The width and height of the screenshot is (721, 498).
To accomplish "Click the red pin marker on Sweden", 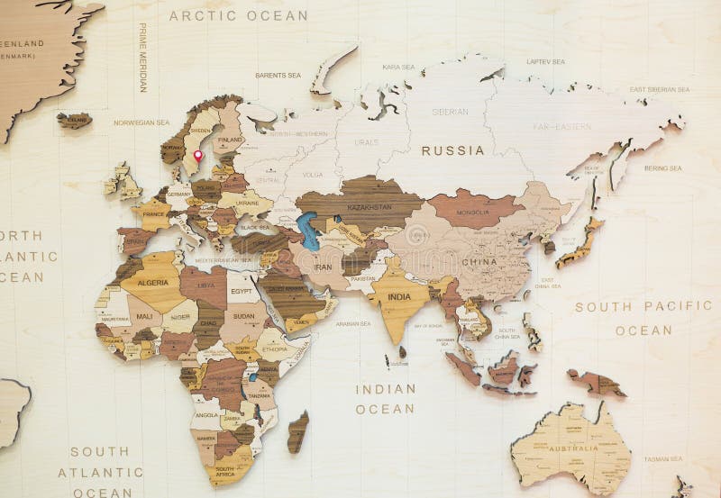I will [197, 156].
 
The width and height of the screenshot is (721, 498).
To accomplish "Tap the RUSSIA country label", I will [452, 150].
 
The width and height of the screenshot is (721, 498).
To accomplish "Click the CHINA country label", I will [479, 262].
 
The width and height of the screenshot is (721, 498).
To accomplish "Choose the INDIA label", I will [399, 296].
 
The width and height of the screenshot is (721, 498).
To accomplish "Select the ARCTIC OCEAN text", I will [238, 15].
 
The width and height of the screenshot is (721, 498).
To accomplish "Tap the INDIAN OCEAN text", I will [385, 399].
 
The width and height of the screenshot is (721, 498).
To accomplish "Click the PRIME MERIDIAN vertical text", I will [142, 58].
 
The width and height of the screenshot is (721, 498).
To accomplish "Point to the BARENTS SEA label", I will [278, 75].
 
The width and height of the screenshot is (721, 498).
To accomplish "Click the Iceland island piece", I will [75, 120].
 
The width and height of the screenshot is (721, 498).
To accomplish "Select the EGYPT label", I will [242, 292].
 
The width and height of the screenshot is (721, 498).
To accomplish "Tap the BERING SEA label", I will [662, 168].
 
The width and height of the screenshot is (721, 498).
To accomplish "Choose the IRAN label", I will [324, 267].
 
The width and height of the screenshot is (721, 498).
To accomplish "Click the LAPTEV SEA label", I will [545, 61].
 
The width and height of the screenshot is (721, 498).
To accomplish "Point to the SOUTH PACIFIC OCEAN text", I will [643, 318].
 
